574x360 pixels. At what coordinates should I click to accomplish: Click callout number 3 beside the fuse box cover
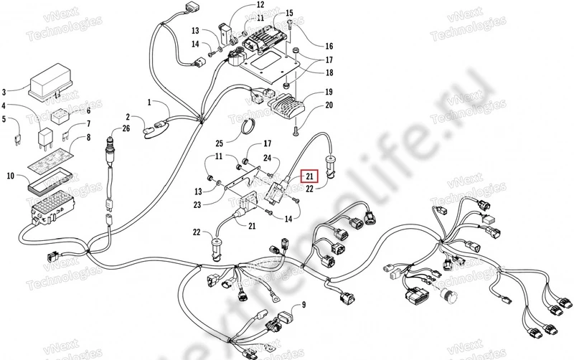tap(5, 92)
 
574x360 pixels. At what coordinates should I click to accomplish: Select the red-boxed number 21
tap(309, 176)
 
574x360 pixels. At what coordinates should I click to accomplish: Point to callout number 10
tap(9, 175)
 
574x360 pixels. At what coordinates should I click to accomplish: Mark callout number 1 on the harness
tap(150, 103)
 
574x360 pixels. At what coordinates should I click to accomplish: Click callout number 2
tap(128, 117)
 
